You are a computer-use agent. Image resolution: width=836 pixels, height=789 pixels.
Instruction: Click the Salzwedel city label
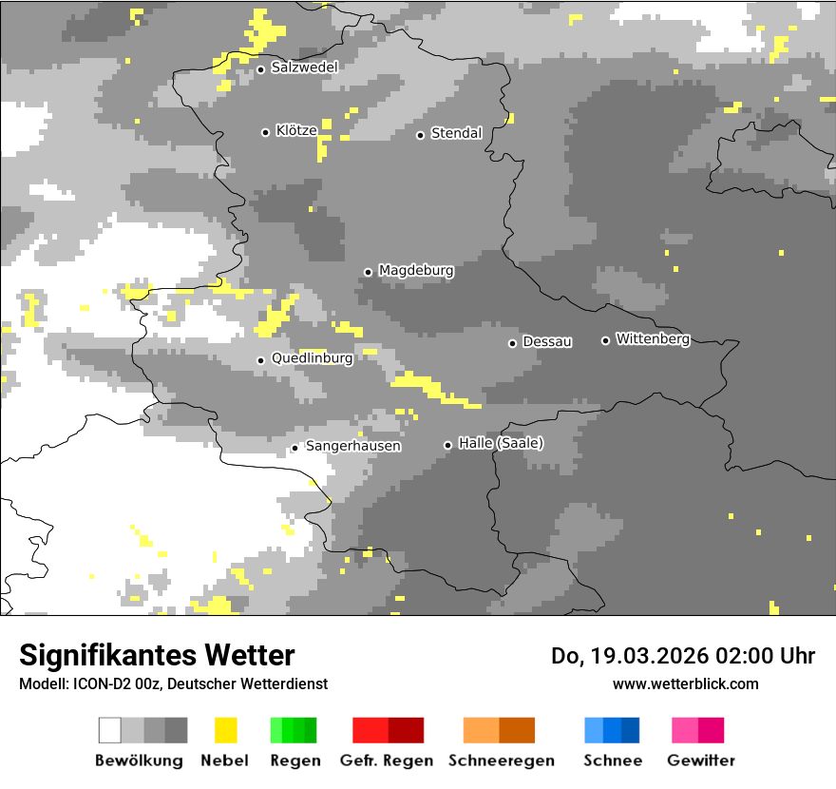coord(304,67)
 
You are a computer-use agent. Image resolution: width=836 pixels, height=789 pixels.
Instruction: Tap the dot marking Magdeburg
coord(368,272)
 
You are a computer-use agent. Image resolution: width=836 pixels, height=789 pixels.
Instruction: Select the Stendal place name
coord(457,133)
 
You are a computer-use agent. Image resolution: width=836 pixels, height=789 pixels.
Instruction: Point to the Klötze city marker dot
coord(265,132)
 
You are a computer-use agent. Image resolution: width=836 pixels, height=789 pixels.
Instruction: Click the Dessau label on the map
coord(547,341)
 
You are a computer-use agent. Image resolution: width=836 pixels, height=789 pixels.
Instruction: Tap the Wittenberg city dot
coord(605,340)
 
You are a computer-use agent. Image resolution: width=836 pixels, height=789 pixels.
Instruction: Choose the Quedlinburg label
coord(312,358)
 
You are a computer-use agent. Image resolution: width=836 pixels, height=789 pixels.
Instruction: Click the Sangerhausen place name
coord(352,446)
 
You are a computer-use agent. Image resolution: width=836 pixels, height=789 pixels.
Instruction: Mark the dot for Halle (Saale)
coord(447,445)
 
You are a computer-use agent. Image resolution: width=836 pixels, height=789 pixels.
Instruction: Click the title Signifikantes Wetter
coord(157,655)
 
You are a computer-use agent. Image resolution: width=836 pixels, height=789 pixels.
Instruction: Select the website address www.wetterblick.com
coord(686,683)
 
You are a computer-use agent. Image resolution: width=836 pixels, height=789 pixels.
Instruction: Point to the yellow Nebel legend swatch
coord(225,730)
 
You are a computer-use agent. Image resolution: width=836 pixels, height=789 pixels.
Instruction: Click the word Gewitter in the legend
coord(701,760)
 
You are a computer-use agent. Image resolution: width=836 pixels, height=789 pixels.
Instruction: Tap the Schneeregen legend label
coord(502,760)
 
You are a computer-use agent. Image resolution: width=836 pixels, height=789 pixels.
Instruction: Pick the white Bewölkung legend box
coord(109,730)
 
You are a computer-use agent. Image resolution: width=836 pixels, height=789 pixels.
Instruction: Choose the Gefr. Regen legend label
coord(387,760)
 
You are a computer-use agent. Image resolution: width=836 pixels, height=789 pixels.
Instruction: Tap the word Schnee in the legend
coord(613,760)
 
